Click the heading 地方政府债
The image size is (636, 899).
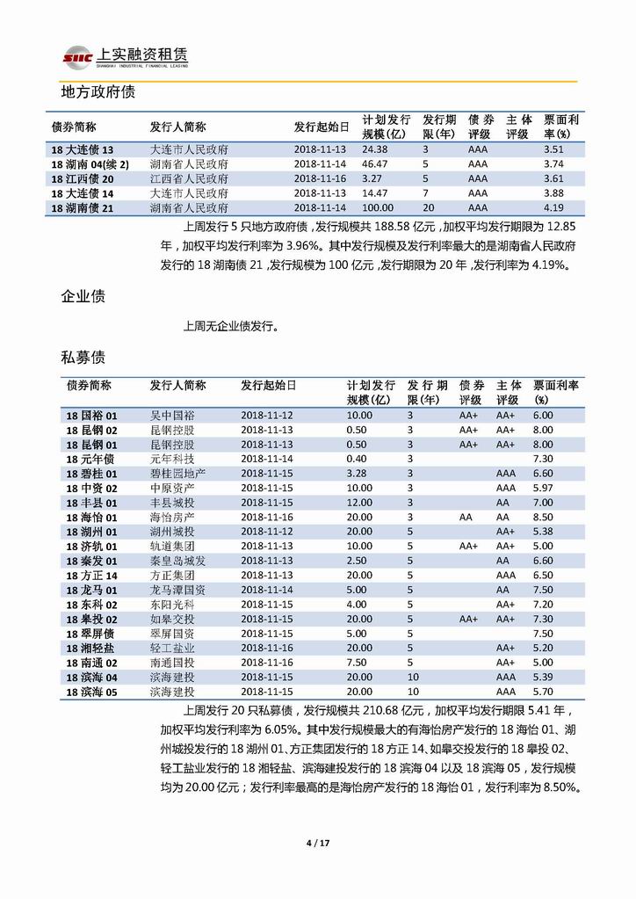(97, 91)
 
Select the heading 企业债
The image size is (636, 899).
(83, 296)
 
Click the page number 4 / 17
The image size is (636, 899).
(317, 844)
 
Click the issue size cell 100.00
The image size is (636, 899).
(378, 207)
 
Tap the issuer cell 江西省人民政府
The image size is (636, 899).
(190, 178)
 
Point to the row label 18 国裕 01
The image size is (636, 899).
(91, 415)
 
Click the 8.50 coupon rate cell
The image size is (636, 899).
(543, 518)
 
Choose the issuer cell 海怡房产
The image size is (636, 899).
(172, 518)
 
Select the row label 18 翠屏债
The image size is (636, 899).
(90, 633)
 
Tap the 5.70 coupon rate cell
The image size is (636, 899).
(543, 692)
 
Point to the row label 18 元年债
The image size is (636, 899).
(90, 459)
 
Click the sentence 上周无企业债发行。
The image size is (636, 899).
(230, 327)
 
